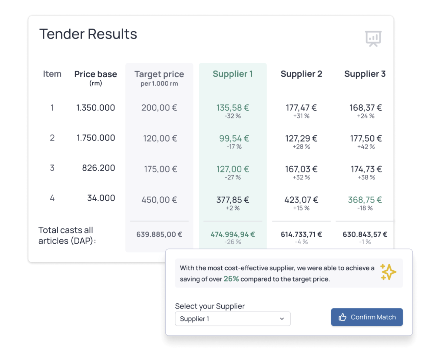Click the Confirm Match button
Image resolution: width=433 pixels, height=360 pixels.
tap(367, 317)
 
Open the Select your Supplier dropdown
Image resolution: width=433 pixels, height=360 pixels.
tap(233, 319)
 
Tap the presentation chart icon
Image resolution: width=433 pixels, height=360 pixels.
tap(373, 38)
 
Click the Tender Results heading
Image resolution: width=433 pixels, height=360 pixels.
tap(88, 34)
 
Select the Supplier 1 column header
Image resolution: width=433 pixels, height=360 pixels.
tap(233, 74)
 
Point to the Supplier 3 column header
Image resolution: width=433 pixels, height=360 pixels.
tap(365, 74)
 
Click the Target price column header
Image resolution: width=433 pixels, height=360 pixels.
tap(159, 75)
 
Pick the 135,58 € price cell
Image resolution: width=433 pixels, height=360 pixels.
tap(233, 108)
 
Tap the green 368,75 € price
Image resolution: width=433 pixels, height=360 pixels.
tap(365, 200)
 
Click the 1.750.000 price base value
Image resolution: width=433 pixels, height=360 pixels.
tap(96, 138)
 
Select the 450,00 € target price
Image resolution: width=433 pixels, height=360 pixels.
tap(159, 200)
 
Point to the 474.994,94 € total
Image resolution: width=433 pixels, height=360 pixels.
tap(233, 234)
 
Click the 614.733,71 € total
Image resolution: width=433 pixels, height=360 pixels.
tap(301, 234)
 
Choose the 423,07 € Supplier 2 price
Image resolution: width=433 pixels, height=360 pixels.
tap(301, 200)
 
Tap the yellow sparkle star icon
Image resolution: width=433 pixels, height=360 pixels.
tap(388, 272)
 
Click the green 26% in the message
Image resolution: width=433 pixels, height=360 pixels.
tap(231, 279)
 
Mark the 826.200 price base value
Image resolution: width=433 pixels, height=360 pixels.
tap(98, 168)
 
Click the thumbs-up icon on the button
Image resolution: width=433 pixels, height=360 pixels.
tap(342, 317)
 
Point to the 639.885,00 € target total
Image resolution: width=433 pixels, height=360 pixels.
tap(159, 234)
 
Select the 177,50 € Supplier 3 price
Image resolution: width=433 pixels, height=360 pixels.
tap(366, 138)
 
